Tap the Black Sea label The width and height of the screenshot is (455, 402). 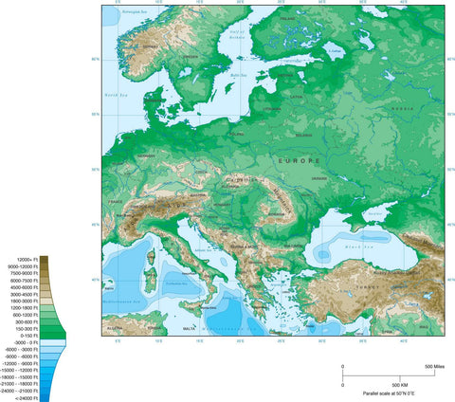point(354,245)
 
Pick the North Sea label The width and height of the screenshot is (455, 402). point(116,95)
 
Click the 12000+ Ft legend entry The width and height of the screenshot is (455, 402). point(25,259)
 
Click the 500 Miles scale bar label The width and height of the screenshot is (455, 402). point(435,366)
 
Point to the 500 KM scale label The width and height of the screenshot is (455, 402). point(398,385)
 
